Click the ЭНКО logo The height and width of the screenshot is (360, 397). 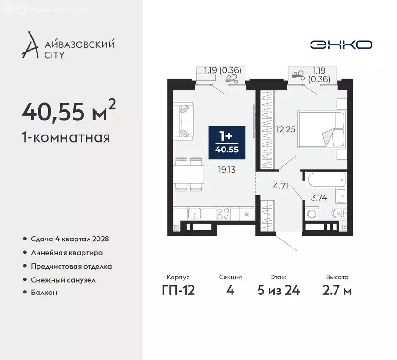[x=341, y=45]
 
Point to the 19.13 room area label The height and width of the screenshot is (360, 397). [x=227, y=170]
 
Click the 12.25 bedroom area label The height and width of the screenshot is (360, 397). [x=285, y=130]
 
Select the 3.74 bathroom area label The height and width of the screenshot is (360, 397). [x=319, y=197]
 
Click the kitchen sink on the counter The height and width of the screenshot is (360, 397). [x=195, y=214]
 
